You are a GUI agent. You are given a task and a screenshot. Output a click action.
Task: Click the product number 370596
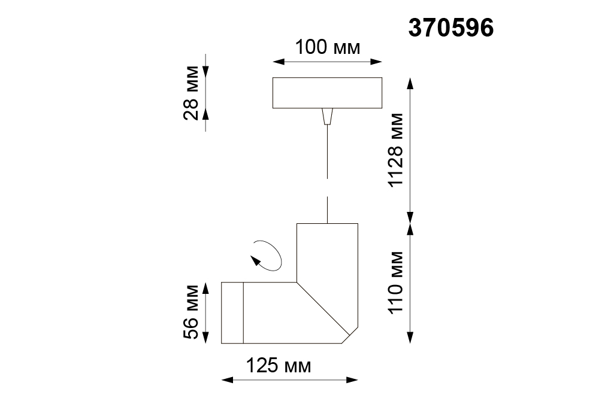point(451,28)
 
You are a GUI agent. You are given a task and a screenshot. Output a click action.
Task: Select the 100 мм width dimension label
point(328,48)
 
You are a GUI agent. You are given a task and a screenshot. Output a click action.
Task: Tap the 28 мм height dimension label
point(191,93)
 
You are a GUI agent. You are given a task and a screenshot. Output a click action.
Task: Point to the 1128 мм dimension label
point(395,150)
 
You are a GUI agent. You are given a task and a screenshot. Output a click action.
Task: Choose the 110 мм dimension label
point(395,283)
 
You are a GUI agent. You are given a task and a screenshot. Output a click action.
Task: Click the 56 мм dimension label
point(191,312)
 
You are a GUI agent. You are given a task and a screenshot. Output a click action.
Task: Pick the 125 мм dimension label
point(279,366)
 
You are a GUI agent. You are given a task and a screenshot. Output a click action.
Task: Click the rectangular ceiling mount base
point(328,93)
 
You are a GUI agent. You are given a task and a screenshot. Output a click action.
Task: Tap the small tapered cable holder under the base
point(328,116)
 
